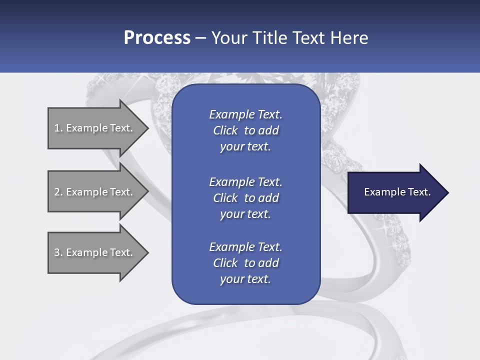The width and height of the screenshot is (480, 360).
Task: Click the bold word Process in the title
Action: pos(157,38)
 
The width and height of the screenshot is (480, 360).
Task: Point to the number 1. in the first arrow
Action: pos(58,128)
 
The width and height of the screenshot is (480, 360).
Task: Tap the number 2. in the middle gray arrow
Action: pos(58,192)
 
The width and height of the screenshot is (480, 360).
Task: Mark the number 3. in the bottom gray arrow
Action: pos(58,252)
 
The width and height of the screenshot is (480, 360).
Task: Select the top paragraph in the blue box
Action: pos(245,130)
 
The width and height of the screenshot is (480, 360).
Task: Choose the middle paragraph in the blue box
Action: pos(245,198)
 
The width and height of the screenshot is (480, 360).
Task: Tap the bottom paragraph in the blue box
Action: pos(245,263)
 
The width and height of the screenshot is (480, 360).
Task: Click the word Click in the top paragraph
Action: pos(225,130)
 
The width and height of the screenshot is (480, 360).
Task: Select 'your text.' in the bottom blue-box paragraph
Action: pos(245,279)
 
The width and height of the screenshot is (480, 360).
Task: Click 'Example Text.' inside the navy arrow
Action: pos(397,192)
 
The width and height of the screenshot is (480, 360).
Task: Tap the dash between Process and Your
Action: pos(200,38)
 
